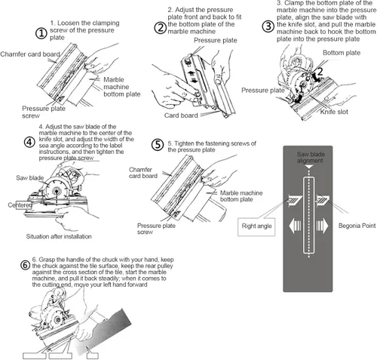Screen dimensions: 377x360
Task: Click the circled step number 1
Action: (x=41, y=33)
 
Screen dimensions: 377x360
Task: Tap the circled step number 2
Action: (x=161, y=28)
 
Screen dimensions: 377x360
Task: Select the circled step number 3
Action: (x=268, y=26)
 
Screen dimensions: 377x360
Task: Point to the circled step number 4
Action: (x=29, y=142)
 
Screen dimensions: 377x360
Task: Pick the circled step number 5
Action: (x=158, y=145)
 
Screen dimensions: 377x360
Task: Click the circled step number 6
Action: (x=25, y=265)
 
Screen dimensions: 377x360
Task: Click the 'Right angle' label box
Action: (x=256, y=227)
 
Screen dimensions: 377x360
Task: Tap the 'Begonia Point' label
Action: (x=357, y=226)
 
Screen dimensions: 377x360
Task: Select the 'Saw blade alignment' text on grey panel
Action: (x=310, y=157)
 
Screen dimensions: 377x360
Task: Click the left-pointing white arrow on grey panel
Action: (x=295, y=226)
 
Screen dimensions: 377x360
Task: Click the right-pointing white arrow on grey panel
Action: (x=322, y=225)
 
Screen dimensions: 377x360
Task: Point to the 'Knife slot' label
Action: (x=334, y=112)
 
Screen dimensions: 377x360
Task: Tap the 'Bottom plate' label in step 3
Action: (x=342, y=53)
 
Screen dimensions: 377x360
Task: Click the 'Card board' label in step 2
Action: (x=181, y=115)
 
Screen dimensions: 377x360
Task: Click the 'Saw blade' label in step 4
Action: (x=30, y=178)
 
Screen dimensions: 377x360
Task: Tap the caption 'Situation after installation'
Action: (x=59, y=236)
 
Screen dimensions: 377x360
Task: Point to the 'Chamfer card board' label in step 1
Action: (x=30, y=54)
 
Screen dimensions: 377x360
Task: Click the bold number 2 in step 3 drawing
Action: (x=319, y=72)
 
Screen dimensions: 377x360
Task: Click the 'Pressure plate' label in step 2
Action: (x=216, y=41)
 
